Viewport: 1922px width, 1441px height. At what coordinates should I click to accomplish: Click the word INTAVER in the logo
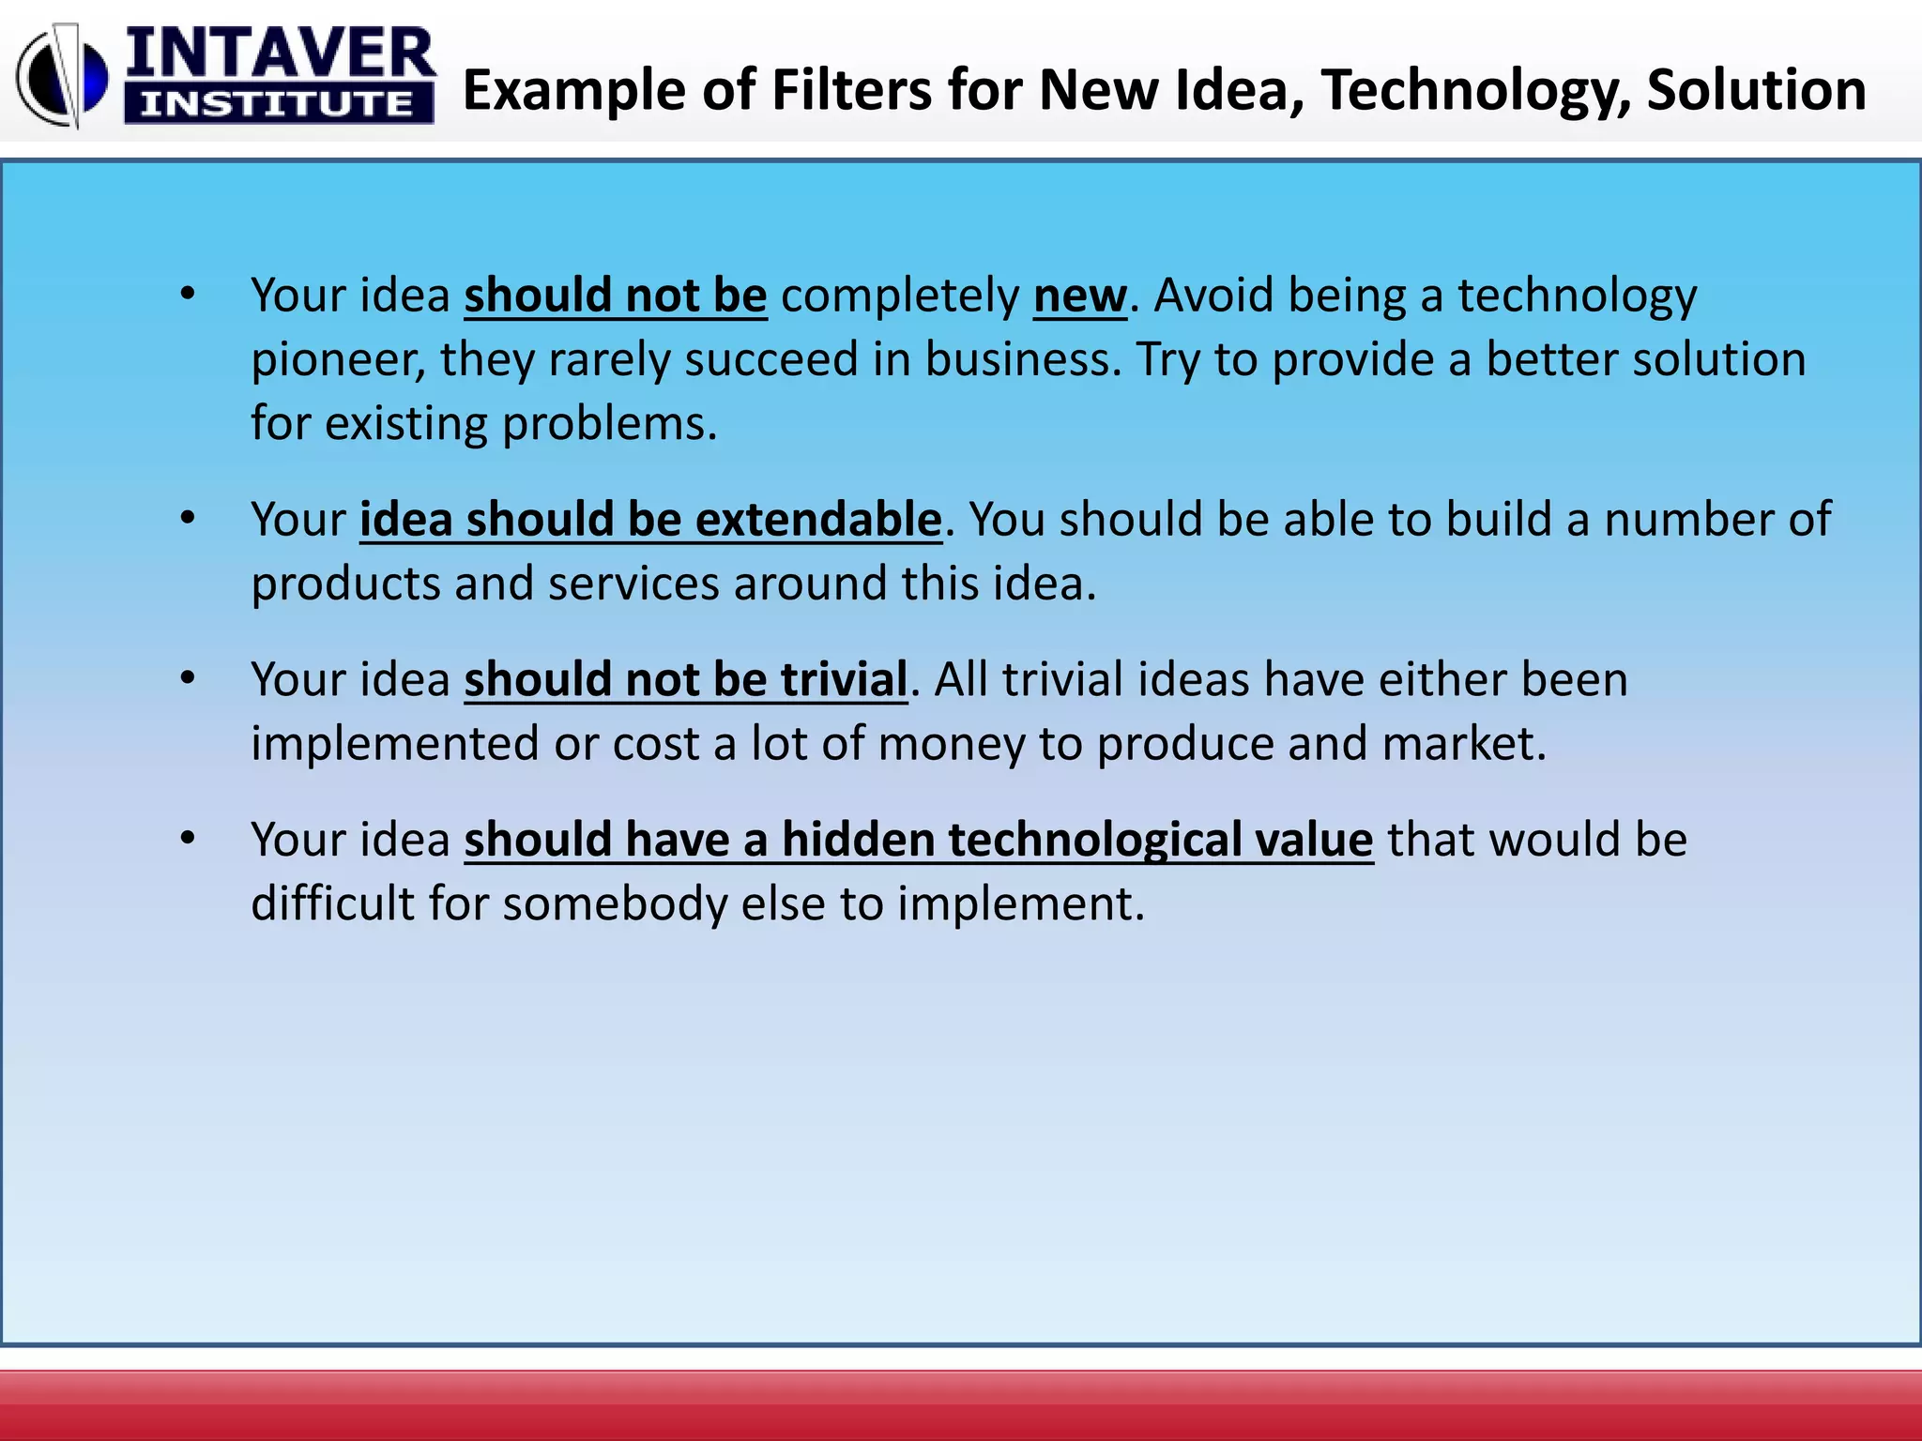(x=280, y=54)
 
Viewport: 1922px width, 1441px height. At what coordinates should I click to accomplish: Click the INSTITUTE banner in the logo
(x=278, y=103)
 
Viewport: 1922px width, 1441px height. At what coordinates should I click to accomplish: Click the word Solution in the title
(x=1756, y=91)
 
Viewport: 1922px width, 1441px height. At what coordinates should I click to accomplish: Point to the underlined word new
(x=1079, y=296)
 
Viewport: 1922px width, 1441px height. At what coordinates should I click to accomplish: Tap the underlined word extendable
(x=817, y=520)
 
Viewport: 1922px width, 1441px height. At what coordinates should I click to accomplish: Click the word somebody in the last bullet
(x=615, y=904)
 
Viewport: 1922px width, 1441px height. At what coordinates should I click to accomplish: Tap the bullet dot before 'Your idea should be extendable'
(x=188, y=518)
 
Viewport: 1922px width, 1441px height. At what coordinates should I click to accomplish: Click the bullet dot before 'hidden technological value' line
(x=188, y=838)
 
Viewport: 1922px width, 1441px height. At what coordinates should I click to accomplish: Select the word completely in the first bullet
(x=899, y=296)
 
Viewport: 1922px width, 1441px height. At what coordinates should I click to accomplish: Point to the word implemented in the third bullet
(x=395, y=745)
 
